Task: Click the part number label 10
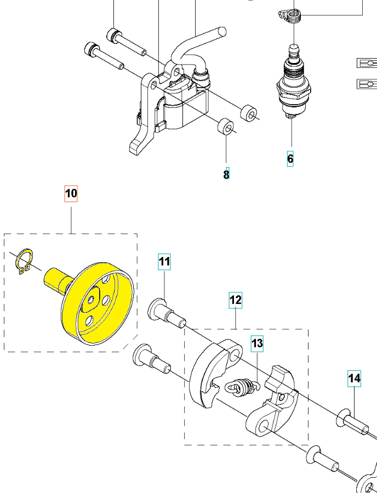[72, 193]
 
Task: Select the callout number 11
[165, 262]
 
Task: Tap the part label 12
[235, 300]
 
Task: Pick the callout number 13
[257, 343]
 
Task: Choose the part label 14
[354, 377]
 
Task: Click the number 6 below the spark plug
[290, 159]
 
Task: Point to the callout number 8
[226, 175]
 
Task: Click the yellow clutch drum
[99, 304]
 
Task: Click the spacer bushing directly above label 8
[225, 128]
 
